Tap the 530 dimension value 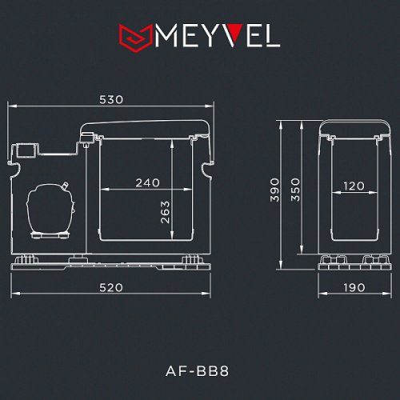pyautogui.click(x=111, y=99)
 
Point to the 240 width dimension pyautogui.click(x=147, y=182)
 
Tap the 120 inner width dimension pyautogui.click(x=354, y=186)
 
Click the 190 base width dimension pyautogui.click(x=354, y=286)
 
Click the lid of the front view pyautogui.click(x=354, y=127)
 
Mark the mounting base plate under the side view pyautogui.click(x=112, y=266)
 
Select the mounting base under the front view pyautogui.click(x=354, y=264)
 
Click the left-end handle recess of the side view pyautogui.click(x=13, y=168)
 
